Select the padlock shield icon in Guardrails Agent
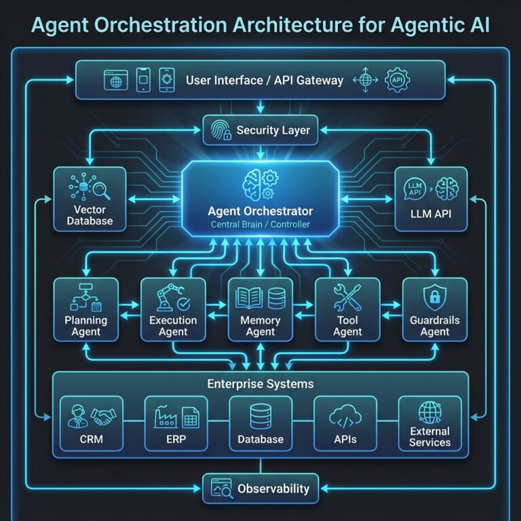coord(434,296)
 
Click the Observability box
coord(260,488)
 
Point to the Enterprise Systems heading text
coord(260,384)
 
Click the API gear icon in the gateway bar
coord(398,80)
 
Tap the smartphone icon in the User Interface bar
coord(143,79)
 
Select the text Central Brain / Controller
coord(260,224)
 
